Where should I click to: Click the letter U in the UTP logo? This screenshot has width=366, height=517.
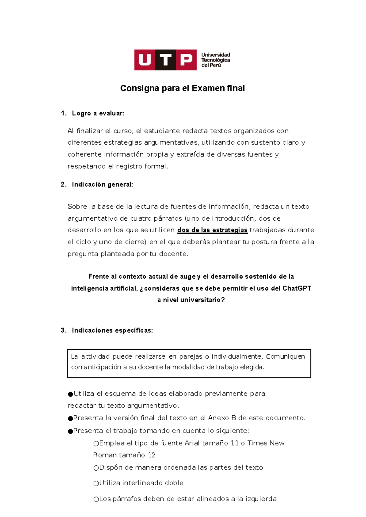[145, 60]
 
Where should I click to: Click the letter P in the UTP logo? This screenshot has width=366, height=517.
[186, 60]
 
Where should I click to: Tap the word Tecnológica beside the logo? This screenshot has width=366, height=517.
[215, 60]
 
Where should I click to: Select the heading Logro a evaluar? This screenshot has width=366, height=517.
[98, 114]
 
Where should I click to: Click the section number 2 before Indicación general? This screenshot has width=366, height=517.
[63, 184]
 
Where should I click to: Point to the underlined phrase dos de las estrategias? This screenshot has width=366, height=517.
[212, 230]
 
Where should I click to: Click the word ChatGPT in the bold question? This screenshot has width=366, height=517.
[297, 288]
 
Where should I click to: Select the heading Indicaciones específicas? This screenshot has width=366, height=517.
[112, 331]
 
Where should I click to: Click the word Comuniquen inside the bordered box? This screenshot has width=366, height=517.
[285, 356]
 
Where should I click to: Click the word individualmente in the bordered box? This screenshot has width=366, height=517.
[237, 356]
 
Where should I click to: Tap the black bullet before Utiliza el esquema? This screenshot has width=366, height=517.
[70, 394]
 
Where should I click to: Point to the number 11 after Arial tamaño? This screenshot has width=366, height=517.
[235, 443]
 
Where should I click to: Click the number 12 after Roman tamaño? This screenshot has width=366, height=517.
[152, 455]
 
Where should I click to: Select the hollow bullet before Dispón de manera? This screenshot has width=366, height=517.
[96, 468]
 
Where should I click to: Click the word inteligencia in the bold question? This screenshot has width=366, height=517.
[89, 288]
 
